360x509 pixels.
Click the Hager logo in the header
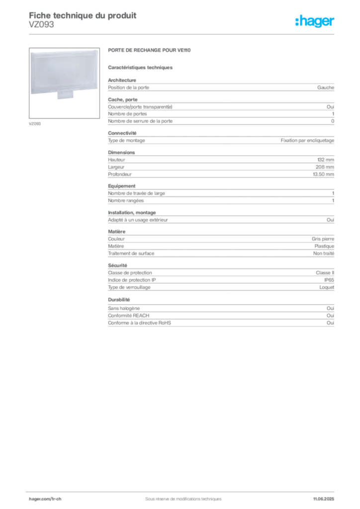coord(315,21)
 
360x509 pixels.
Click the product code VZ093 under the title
coord(42,25)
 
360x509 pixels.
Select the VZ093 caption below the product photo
coord(35,124)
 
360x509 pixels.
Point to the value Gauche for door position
coord(326,87)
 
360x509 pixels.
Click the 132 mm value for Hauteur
coord(326,160)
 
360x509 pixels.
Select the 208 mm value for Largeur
coord(325,167)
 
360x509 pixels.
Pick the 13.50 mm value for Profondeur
coord(323,174)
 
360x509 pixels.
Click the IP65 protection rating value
coord(329,280)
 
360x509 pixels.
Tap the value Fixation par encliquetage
coord(307,141)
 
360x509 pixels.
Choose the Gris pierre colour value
coord(323,239)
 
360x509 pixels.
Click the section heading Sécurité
coord(117,265)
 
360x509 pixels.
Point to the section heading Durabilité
coord(119,300)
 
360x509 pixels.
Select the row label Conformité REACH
coord(129,316)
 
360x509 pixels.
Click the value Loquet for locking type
coord(327,287)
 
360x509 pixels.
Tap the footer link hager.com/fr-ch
coord(45,499)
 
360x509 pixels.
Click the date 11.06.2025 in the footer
coord(324,499)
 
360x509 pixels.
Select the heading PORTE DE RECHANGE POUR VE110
coord(149,50)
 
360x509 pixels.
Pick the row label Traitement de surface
coord(131,254)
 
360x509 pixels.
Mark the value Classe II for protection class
coord(325,273)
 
